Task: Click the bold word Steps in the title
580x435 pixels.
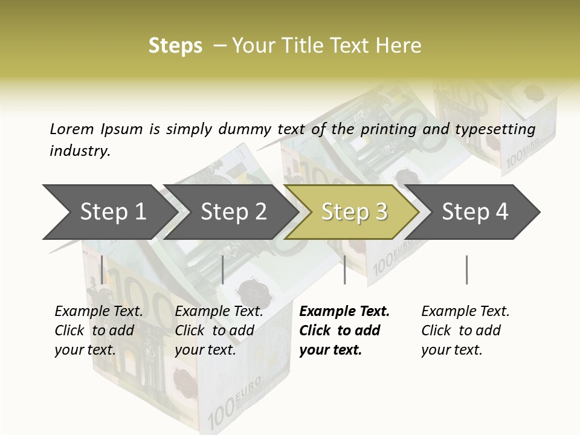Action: tap(175, 46)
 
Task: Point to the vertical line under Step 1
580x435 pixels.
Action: tap(102, 269)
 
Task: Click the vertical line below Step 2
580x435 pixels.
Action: tap(223, 269)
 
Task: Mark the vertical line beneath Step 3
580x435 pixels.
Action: tap(344, 269)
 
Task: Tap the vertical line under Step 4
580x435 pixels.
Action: tap(466, 269)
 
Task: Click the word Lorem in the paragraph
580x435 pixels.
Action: tap(71, 129)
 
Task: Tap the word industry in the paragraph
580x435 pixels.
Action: tap(79, 151)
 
